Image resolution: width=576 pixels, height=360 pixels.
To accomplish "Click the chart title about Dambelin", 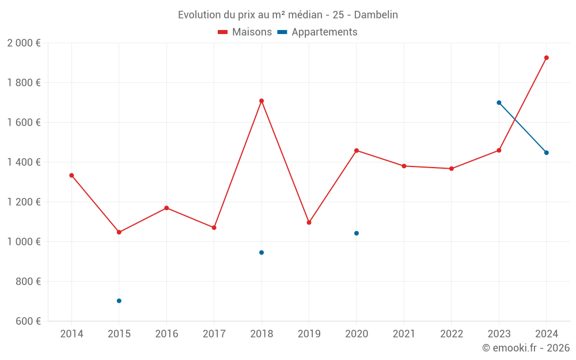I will pyautogui.click(x=287, y=15).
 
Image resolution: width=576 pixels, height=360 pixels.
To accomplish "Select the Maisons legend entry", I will pyautogui.click(x=245, y=32).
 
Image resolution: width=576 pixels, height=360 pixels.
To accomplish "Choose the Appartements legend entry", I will pyautogui.click(x=317, y=32).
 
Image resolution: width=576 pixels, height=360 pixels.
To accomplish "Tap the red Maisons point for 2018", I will pyautogui.click(x=262, y=101).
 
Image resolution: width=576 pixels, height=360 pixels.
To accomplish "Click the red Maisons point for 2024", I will pyautogui.click(x=547, y=58).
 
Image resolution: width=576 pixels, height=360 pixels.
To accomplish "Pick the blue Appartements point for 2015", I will pyautogui.click(x=119, y=301).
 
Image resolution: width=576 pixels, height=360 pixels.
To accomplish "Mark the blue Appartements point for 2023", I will pyautogui.click(x=499, y=103).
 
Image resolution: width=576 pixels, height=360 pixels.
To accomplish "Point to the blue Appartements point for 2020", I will pyautogui.click(x=357, y=233).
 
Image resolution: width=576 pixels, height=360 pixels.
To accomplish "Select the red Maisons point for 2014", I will pyautogui.click(x=71, y=175).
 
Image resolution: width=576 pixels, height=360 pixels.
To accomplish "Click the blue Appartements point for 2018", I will pyautogui.click(x=262, y=252).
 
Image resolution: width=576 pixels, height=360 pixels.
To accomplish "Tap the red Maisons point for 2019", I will pyautogui.click(x=309, y=222).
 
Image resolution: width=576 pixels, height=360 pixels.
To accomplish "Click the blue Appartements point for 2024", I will pyautogui.click(x=547, y=153).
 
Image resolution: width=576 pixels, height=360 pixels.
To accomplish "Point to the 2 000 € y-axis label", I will pyautogui.click(x=24, y=43).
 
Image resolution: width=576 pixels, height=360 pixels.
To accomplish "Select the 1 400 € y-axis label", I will pyautogui.click(x=24, y=162).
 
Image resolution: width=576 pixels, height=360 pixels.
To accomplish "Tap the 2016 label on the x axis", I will pyautogui.click(x=166, y=334).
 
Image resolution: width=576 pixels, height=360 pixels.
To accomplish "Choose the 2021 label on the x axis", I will pyautogui.click(x=404, y=334).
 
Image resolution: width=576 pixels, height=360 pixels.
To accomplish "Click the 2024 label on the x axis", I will pyautogui.click(x=547, y=334).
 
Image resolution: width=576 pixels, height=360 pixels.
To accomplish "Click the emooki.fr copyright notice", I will pyautogui.click(x=526, y=348).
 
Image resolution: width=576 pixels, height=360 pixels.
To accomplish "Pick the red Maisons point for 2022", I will pyautogui.click(x=452, y=169).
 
